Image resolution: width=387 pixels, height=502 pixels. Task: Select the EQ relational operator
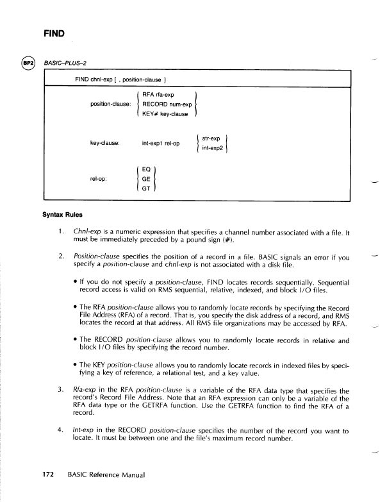coord(145,170)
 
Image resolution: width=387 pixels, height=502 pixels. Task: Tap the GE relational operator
coord(145,180)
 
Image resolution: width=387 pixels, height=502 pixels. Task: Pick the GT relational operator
coord(145,190)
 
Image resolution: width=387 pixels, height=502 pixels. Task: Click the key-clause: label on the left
coord(108,143)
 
